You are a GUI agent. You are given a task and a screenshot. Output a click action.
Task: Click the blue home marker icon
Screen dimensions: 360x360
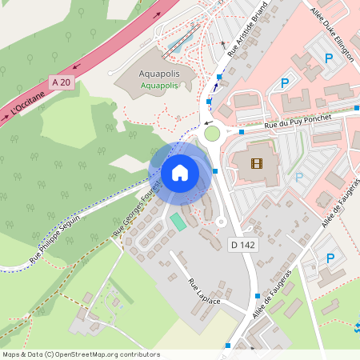[x=180, y=173]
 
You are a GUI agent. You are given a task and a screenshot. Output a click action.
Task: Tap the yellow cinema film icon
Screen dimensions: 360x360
[x=256, y=164]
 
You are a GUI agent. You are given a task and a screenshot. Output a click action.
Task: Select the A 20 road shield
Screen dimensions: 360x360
[x=60, y=82]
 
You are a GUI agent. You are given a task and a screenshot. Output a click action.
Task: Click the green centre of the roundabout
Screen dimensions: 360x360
[x=212, y=133]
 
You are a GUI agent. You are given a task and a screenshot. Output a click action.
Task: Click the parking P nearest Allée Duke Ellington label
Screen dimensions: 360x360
[x=329, y=58]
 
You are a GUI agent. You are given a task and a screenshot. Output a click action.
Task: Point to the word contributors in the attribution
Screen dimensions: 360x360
[x=139, y=354]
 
